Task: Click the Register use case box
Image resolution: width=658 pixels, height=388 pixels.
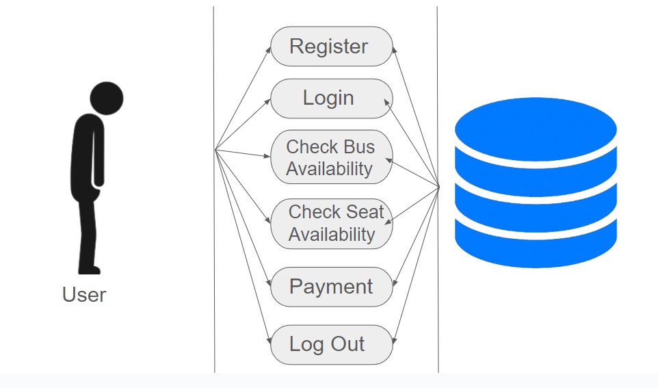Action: pyautogui.click(x=332, y=47)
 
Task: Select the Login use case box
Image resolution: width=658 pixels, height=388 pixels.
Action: pyautogui.click(x=332, y=99)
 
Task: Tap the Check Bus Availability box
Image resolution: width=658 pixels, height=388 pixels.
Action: pyautogui.click(x=332, y=157)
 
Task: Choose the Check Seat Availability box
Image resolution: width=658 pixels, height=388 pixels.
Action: pyautogui.click(x=332, y=223)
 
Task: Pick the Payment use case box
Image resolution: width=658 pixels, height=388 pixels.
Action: pyautogui.click(x=332, y=287)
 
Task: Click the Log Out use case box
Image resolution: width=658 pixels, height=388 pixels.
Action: pyautogui.click(x=332, y=344)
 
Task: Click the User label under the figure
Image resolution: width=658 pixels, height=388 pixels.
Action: pyautogui.click(x=84, y=294)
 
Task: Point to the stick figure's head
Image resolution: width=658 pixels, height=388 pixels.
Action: pyautogui.click(x=107, y=99)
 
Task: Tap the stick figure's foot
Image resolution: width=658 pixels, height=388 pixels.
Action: pyautogui.click(x=90, y=270)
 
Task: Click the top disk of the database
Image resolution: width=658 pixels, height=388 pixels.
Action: pyautogui.click(x=536, y=129)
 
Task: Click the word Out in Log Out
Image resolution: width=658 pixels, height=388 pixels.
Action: pyautogui.click(x=348, y=344)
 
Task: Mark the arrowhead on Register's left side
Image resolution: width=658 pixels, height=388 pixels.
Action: pyautogui.click(x=269, y=50)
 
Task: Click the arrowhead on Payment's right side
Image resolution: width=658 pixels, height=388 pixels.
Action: pyautogui.click(x=395, y=283)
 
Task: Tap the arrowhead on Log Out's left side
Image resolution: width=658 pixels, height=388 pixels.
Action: pyautogui.click(x=269, y=340)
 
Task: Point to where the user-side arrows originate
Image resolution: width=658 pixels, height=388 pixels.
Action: pyautogui.click(x=215, y=149)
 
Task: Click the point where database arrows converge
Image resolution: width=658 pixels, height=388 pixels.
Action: pyautogui.click(x=438, y=187)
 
